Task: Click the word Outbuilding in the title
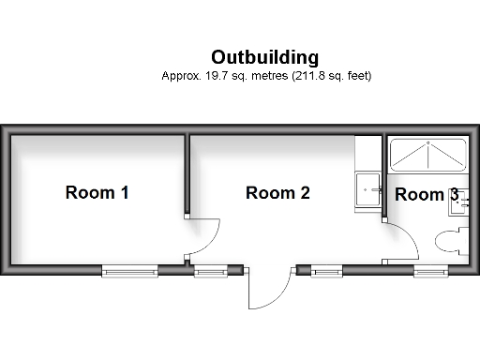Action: (264, 57)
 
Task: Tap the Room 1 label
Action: (97, 193)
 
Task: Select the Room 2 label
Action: (277, 193)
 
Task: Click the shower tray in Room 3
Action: (427, 155)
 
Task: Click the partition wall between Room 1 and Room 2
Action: (188, 174)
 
